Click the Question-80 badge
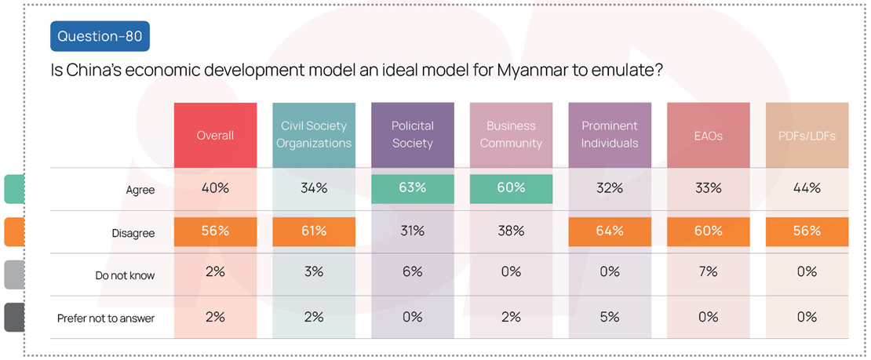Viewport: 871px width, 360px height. [100, 37]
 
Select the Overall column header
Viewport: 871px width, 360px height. [215, 135]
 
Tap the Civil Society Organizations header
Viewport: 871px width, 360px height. [314, 135]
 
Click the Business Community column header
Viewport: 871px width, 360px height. [511, 135]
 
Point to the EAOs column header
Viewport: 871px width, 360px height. [708, 135]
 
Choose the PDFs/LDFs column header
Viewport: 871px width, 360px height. [807, 135]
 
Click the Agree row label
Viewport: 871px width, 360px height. [141, 190]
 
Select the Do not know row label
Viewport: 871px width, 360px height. [126, 275]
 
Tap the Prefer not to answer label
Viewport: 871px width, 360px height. [106, 318]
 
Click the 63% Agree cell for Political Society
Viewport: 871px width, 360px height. [413, 188]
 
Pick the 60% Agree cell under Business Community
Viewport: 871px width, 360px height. [511, 188]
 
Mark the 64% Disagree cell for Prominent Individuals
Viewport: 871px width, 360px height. [610, 231]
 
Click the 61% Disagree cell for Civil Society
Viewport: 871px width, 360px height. [314, 231]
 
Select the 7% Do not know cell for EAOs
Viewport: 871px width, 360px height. [708, 272]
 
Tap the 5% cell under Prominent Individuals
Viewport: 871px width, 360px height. [610, 317]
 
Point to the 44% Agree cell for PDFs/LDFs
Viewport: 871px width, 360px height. [807, 188]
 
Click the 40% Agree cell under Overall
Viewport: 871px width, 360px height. [215, 188]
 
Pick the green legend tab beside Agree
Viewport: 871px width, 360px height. [13, 189]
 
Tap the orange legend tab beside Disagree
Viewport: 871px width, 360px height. [13, 232]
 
